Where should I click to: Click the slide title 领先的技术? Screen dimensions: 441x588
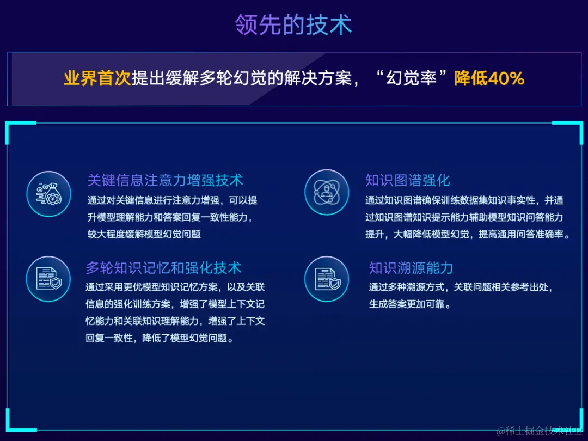[x=293, y=24]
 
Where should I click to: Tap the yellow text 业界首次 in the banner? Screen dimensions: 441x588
[x=97, y=78]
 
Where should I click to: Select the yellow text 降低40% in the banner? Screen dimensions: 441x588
[x=489, y=78]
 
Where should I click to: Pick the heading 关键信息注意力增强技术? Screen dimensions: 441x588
[x=165, y=180]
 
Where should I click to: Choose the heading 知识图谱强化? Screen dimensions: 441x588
[x=408, y=180]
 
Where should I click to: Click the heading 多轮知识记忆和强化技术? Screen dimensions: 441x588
[x=163, y=268]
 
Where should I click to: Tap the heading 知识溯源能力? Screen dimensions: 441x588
[x=411, y=268]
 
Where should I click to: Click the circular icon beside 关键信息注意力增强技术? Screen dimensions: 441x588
[x=48, y=192]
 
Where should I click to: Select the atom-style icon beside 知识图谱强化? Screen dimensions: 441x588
[x=327, y=192]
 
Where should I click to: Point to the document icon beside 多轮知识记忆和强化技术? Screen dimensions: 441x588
[x=48, y=279]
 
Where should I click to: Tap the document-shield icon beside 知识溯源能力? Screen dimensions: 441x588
[x=327, y=279]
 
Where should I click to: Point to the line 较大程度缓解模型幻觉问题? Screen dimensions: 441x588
[x=144, y=234]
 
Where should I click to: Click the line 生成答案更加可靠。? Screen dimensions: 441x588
[x=411, y=304]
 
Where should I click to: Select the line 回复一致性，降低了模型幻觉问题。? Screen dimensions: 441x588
[x=160, y=338]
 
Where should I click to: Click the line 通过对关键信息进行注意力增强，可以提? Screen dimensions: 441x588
[x=172, y=200]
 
